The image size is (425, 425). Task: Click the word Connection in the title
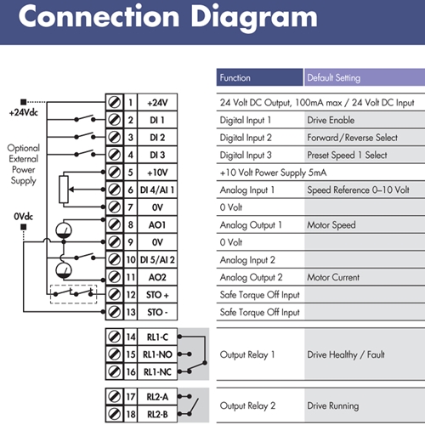point(99,16)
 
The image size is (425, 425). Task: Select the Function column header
point(235,77)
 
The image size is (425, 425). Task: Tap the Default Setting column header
point(334,77)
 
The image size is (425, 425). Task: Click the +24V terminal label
point(157,103)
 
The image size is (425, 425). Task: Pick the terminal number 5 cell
point(130,173)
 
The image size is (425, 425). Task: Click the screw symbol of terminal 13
point(115,312)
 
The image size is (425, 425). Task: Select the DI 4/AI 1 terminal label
point(157,190)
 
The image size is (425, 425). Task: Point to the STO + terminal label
point(157,295)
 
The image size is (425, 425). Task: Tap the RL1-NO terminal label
point(157,354)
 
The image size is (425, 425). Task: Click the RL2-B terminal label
point(157,414)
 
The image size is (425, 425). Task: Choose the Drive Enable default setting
point(331,120)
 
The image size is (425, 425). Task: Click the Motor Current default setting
point(333,277)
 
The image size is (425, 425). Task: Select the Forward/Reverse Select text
point(352,138)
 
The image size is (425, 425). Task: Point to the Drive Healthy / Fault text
point(346,354)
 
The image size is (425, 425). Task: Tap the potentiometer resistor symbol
point(64,190)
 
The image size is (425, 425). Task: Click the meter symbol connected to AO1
point(64,230)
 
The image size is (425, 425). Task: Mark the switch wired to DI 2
point(85,136)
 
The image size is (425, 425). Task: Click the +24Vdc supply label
point(24,113)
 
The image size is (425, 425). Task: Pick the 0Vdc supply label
point(24,217)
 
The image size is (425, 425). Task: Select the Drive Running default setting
point(333,405)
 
